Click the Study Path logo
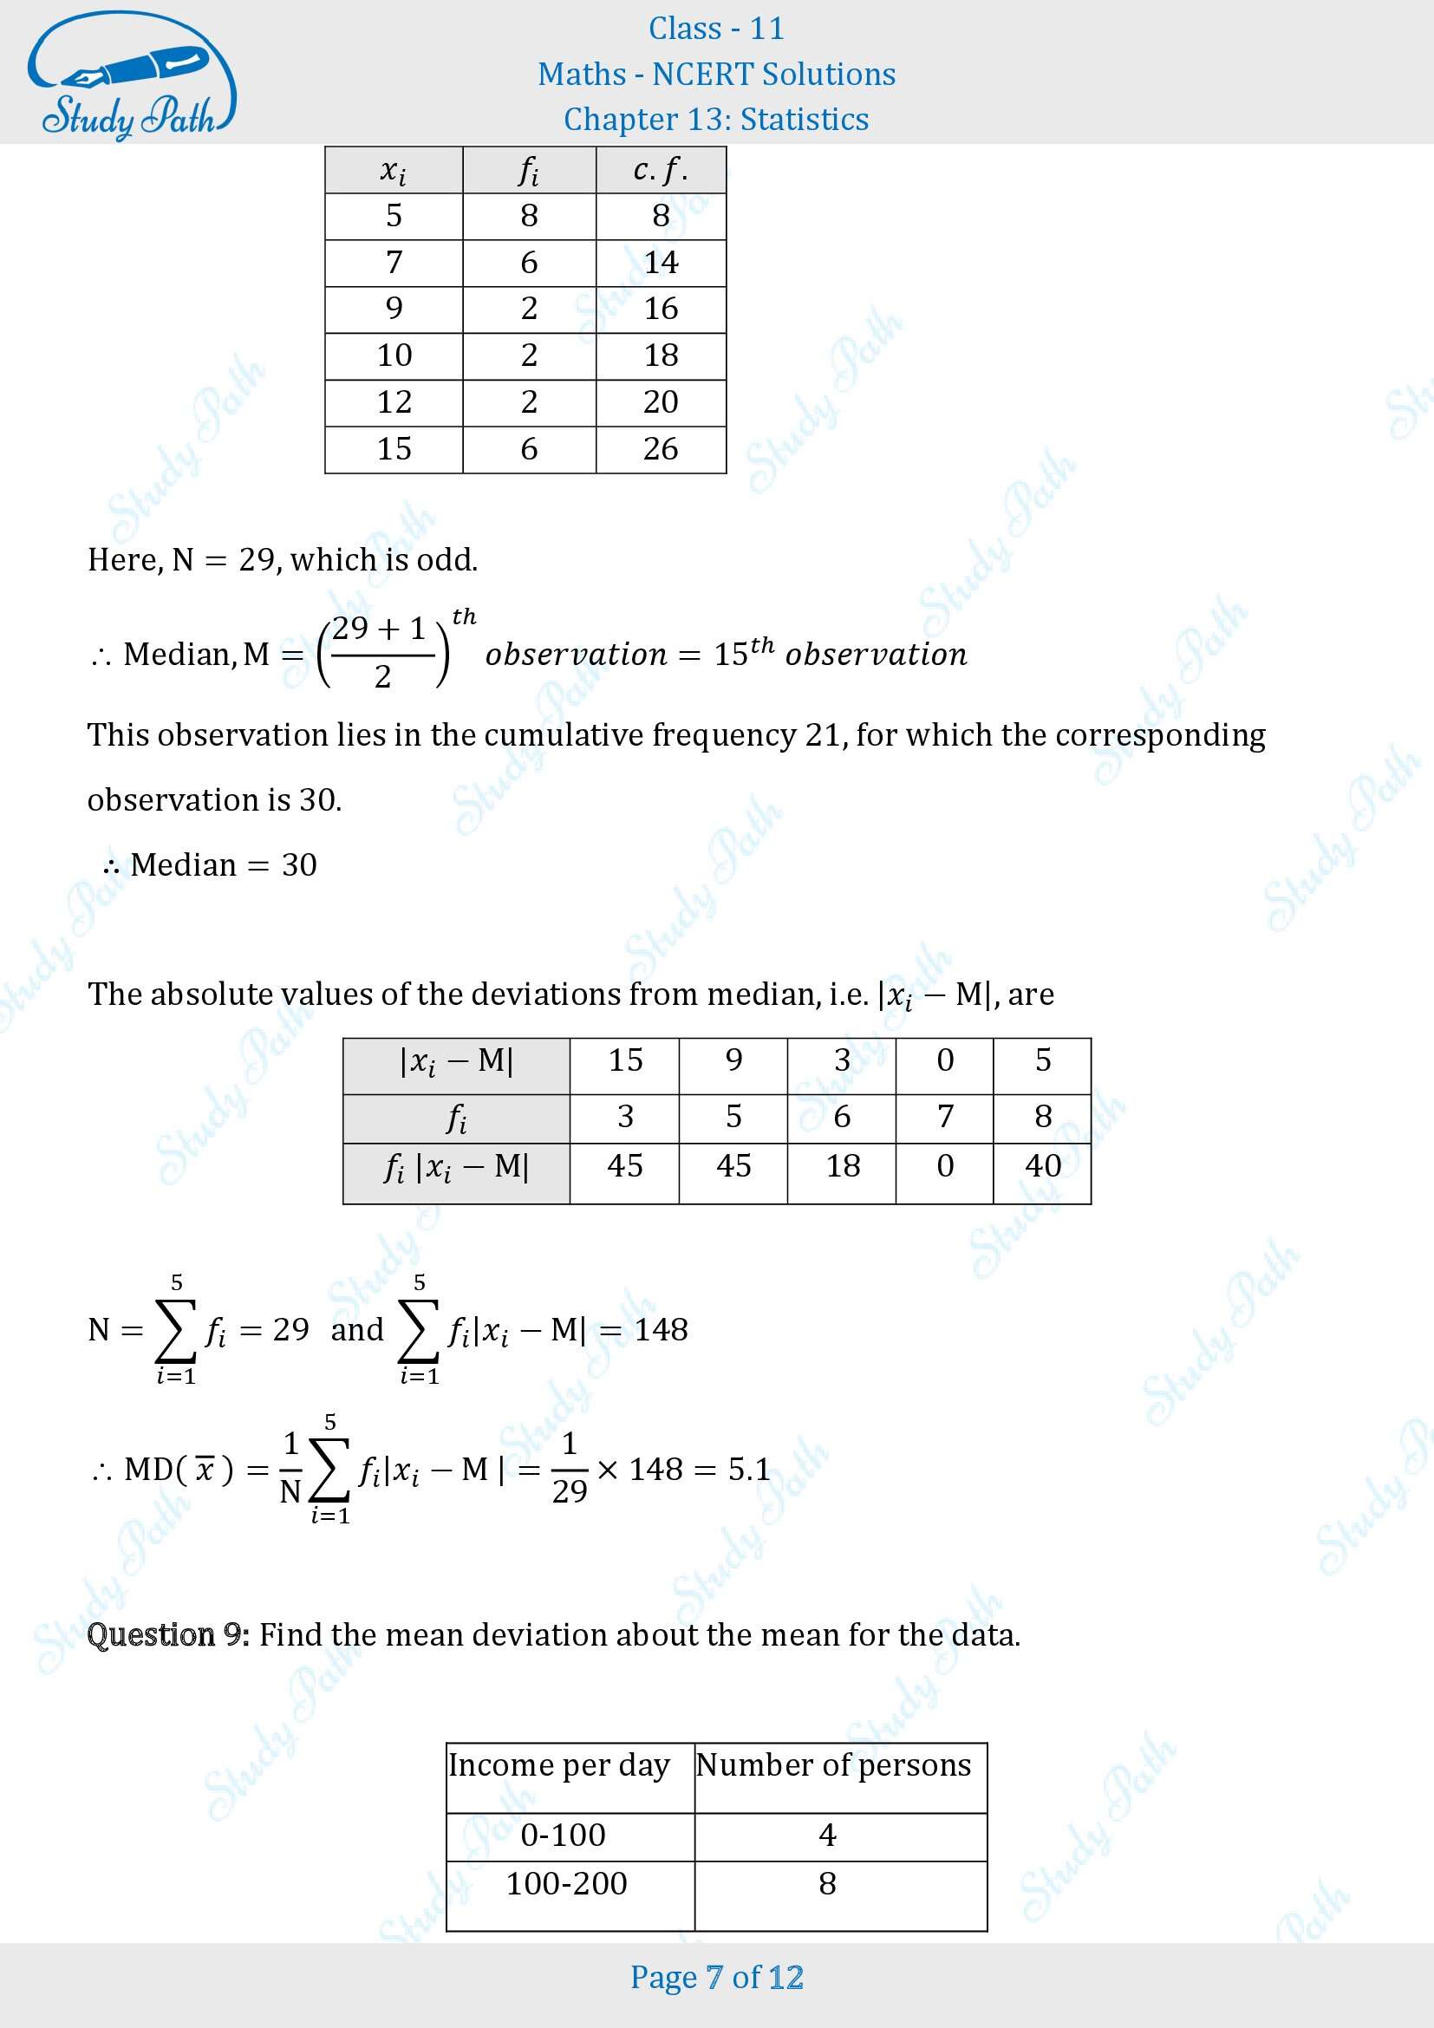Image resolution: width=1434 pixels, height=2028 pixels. point(131,76)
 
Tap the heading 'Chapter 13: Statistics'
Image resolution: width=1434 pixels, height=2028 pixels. point(716,120)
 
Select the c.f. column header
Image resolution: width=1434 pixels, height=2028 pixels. point(661,170)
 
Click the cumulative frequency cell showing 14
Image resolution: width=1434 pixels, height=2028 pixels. point(661,263)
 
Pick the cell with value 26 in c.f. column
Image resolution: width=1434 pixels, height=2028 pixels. point(661,449)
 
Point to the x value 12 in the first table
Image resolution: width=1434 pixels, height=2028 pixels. point(394,402)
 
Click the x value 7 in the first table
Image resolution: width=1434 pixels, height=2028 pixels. point(394,263)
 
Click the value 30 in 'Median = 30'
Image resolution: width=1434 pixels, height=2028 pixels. point(299,864)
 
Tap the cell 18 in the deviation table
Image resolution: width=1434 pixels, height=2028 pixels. point(843,1166)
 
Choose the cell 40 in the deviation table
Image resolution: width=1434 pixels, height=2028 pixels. point(1042,1166)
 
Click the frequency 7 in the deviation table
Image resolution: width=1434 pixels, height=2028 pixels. point(944,1117)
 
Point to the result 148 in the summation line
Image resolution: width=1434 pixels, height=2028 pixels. point(661,1329)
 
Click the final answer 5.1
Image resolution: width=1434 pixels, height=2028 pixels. point(749,1469)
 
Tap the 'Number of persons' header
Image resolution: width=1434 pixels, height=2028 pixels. point(832,1764)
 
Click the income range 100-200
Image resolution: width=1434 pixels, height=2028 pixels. point(566,1883)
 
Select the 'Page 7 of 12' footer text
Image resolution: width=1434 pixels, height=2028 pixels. point(716,1977)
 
